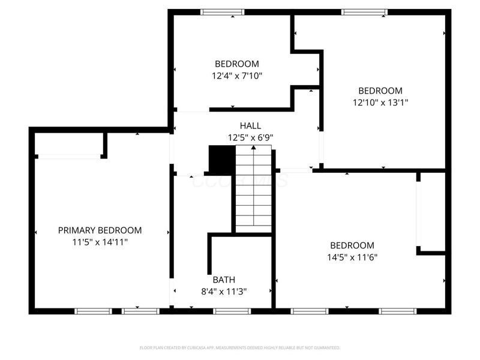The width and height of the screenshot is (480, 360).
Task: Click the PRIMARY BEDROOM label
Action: (x=100, y=230)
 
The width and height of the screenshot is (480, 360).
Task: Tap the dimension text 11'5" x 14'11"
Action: (x=100, y=242)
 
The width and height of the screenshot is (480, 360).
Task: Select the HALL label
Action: (x=250, y=125)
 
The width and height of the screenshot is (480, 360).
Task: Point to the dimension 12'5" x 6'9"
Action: (x=250, y=137)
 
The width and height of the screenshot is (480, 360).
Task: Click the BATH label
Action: (x=224, y=280)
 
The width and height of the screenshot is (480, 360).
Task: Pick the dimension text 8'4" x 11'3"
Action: (x=224, y=292)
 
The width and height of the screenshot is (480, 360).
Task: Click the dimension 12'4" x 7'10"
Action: (x=237, y=76)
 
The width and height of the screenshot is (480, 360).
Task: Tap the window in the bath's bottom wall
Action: (x=232, y=311)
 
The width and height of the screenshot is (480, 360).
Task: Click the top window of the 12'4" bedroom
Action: (x=222, y=11)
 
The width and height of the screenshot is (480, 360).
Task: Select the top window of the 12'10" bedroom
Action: (x=364, y=11)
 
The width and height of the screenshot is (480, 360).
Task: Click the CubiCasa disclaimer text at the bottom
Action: (x=240, y=347)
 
